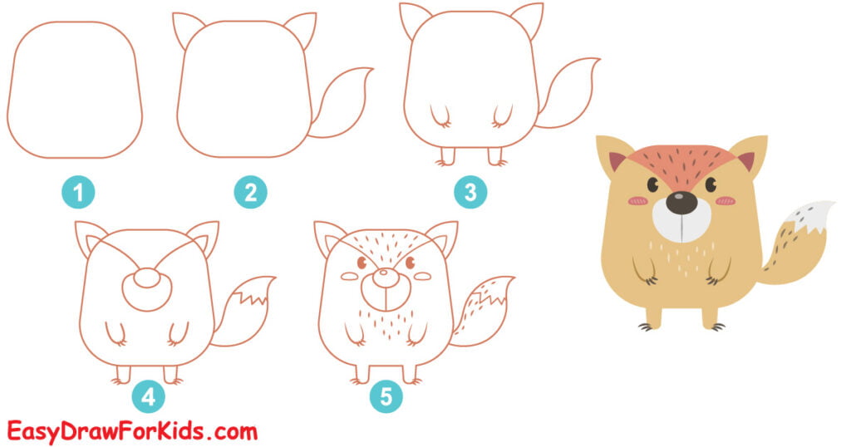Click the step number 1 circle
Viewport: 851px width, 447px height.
click(78, 194)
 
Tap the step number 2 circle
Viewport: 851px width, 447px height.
click(250, 194)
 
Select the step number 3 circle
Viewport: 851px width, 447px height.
click(470, 194)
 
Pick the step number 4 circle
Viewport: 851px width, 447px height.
click(148, 397)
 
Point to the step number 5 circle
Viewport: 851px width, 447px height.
click(386, 397)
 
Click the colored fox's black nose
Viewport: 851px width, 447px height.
click(681, 202)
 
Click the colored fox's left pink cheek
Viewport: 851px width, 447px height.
click(637, 200)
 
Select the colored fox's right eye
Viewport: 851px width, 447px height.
click(711, 184)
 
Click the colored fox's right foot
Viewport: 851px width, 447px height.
click(711, 319)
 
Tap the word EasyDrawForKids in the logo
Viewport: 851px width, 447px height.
click(108, 431)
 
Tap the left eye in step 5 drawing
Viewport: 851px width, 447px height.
click(362, 263)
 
